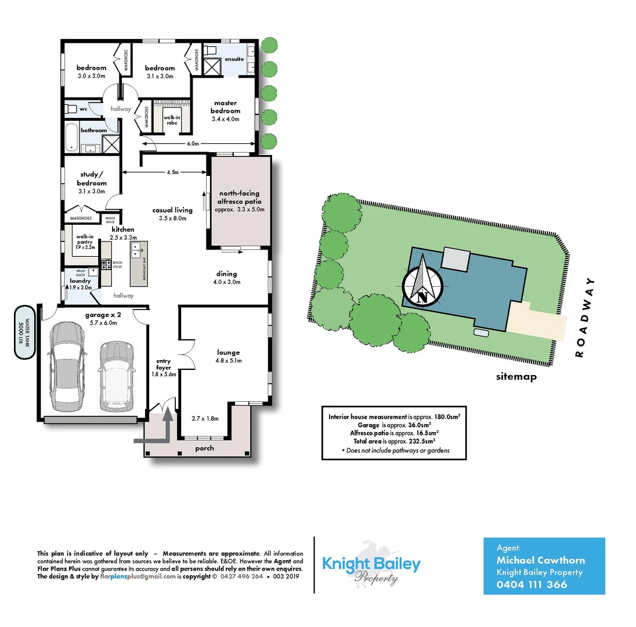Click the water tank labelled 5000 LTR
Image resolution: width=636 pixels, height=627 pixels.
24,332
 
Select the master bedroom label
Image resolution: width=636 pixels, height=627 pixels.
225,107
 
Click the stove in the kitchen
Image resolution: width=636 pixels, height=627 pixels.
106,265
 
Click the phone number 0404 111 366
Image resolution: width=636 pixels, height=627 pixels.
532,585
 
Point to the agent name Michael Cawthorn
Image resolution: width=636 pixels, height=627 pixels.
541,560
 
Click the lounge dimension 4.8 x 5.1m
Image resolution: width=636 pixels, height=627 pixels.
228,361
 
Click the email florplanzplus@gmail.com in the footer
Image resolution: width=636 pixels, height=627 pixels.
138,576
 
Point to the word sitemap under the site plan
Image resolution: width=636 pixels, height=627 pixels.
516,377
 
